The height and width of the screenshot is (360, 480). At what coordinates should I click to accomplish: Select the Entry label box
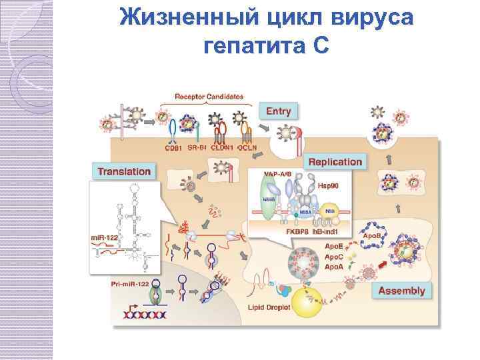[278, 111]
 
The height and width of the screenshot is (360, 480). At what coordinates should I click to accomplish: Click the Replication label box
[335, 161]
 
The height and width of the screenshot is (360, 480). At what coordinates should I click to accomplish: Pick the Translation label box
[124, 171]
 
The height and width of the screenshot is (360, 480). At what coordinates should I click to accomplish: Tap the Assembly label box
[401, 291]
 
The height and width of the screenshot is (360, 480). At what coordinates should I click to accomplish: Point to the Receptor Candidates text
[209, 97]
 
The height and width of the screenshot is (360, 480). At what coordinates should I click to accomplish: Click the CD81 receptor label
[175, 147]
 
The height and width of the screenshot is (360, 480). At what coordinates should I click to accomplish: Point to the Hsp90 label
[328, 186]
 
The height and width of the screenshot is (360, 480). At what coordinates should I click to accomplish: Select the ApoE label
[335, 247]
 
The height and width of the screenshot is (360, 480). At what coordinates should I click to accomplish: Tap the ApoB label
[371, 236]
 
